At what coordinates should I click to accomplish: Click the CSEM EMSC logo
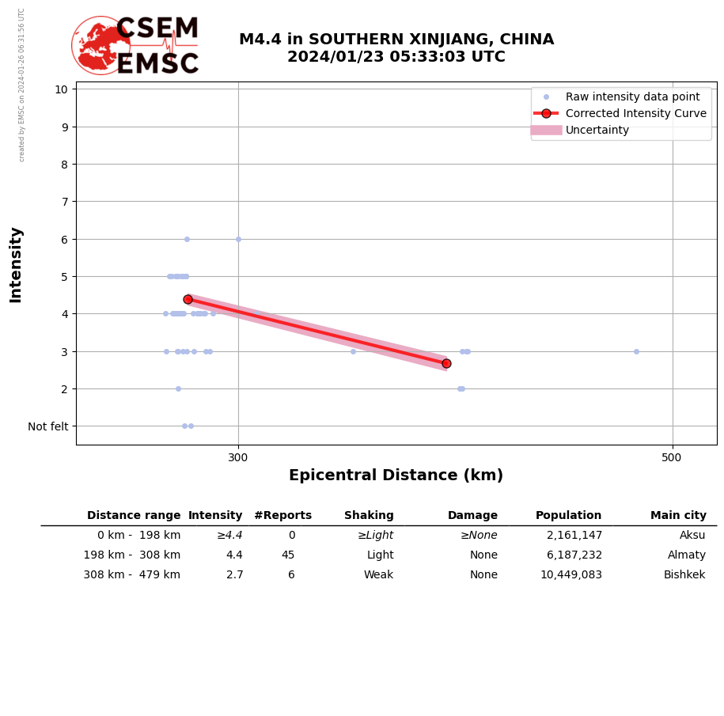click(135, 46)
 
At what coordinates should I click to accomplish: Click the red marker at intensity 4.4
click(188, 299)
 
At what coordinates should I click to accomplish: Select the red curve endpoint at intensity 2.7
click(446, 363)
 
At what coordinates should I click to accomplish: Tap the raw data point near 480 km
click(636, 351)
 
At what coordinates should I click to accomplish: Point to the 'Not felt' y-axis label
click(48, 426)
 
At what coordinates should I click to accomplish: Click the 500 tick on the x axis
click(672, 457)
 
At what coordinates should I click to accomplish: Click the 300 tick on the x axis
click(238, 457)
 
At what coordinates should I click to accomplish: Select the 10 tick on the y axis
click(61, 89)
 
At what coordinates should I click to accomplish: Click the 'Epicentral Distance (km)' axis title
click(396, 475)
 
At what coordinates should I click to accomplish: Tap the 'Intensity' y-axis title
click(16, 264)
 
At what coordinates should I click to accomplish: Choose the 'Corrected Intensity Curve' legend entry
click(635, 113)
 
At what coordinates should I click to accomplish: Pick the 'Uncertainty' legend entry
click(597, 130)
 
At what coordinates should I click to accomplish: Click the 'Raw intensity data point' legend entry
click(632, 97)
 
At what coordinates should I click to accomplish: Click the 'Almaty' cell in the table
click(686, 555)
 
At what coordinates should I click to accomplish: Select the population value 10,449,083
click(570, 575)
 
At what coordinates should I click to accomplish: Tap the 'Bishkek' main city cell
click(684, 575)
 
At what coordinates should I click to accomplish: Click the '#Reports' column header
click(282, 516)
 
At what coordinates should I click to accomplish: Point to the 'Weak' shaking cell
click(378, 575)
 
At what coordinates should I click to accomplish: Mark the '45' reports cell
click(288, 555)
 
